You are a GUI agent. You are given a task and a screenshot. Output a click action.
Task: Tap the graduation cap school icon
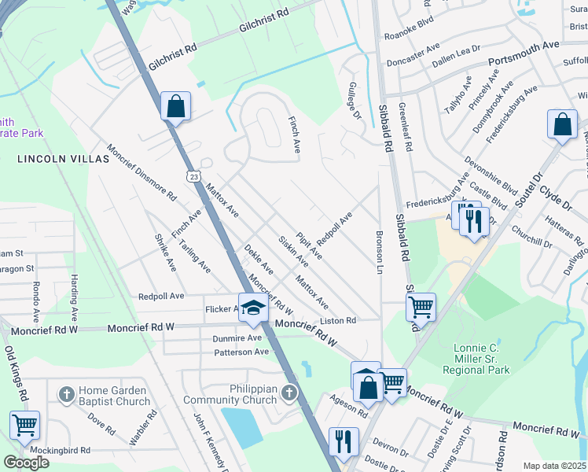[253, 308]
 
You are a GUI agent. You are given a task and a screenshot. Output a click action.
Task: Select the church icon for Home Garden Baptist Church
[67, 393]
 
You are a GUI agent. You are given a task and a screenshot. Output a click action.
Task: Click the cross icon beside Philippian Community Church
[290, 393]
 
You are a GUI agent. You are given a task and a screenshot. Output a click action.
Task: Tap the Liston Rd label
[338, 321]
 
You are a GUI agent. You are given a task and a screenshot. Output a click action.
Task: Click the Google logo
[27, 462]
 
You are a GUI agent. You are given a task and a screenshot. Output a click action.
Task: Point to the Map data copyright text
[553, 466]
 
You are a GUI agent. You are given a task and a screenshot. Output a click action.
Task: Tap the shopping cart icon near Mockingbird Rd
[24, 425]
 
